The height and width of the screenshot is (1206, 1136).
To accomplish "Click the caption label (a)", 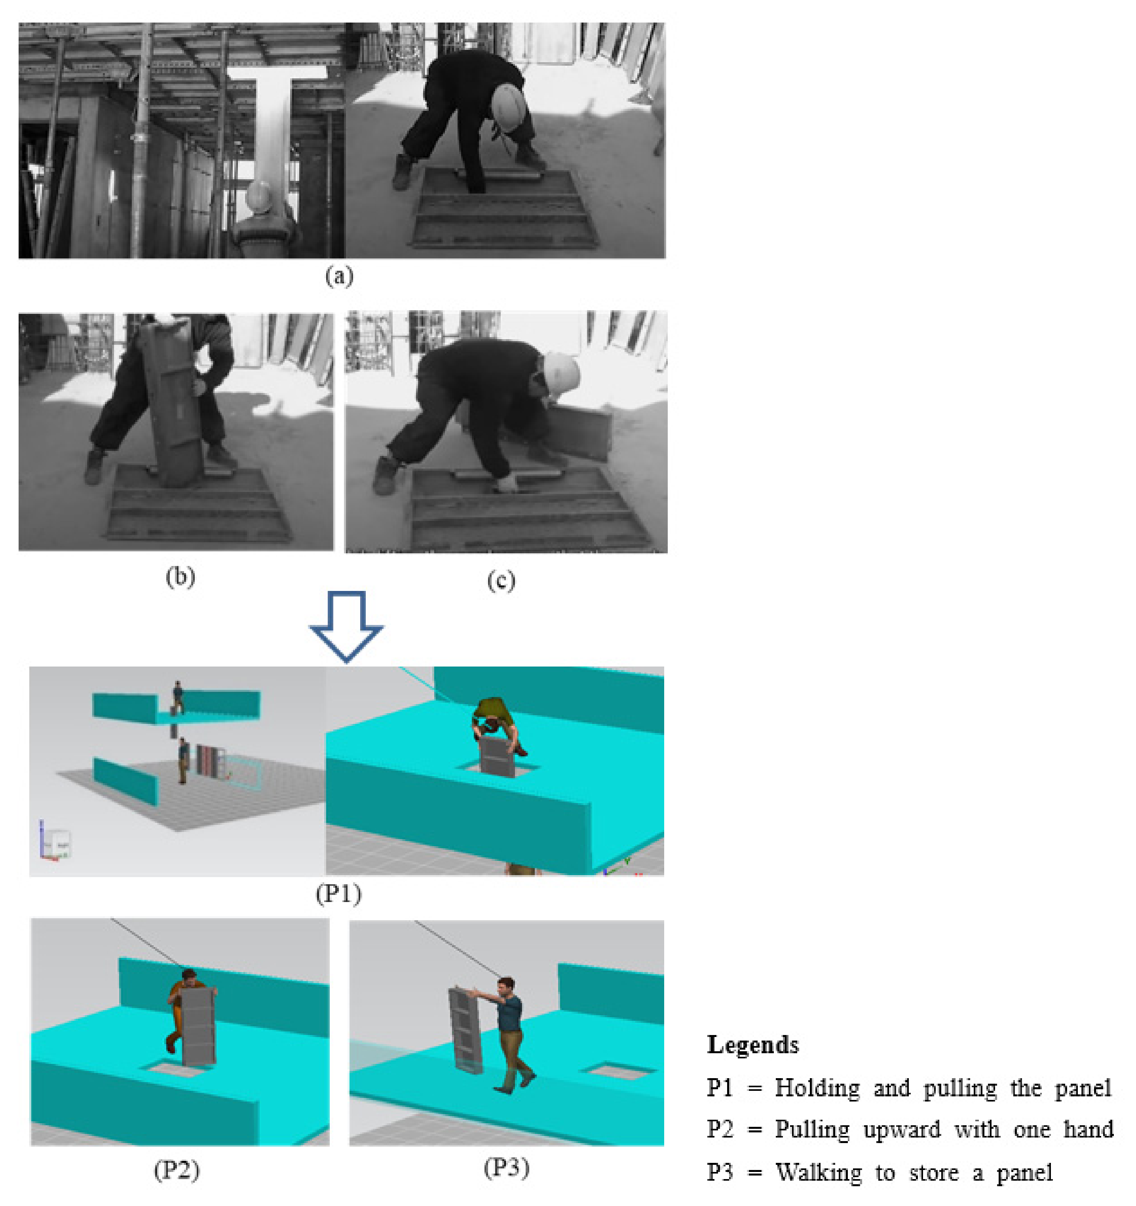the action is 338,277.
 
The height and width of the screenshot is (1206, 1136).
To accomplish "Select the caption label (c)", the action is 501,581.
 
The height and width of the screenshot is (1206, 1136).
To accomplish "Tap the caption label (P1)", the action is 338,894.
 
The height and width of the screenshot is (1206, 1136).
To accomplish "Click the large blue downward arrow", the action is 346,626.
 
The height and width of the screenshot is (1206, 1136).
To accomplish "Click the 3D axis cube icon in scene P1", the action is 56,843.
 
